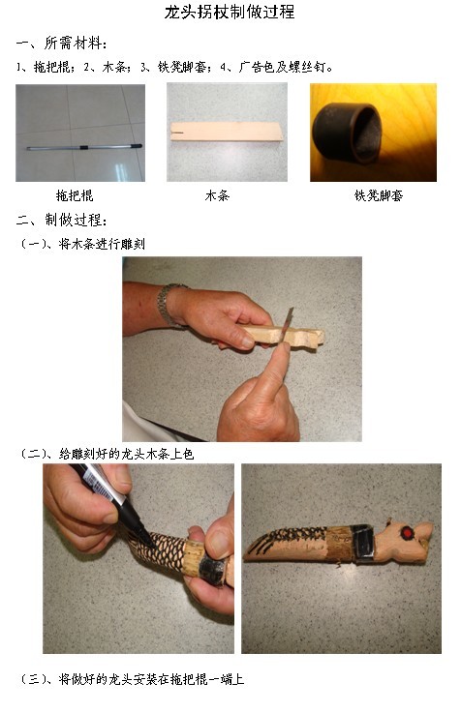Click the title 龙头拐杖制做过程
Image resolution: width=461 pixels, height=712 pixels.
point(230,12)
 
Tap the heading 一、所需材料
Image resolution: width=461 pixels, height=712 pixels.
point(61,44)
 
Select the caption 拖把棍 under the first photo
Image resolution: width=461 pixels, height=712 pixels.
point(75,195)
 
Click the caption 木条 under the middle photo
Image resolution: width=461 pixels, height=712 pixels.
point(217,195)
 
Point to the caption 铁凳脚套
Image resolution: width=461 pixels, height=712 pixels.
point(379,195)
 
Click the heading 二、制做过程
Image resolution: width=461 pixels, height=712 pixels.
point(62,221)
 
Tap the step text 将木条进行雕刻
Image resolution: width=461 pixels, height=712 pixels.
point(102,245)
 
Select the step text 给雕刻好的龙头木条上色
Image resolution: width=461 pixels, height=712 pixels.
point(126,454)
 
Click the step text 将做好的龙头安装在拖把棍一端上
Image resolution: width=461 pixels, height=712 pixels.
point(151,679)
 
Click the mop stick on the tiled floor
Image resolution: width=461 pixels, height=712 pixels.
point(84,147)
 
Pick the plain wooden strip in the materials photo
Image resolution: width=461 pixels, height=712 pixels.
point(227,132)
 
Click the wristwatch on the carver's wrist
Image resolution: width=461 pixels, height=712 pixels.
point(169,304)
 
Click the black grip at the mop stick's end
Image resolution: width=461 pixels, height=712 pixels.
point(136,146)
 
